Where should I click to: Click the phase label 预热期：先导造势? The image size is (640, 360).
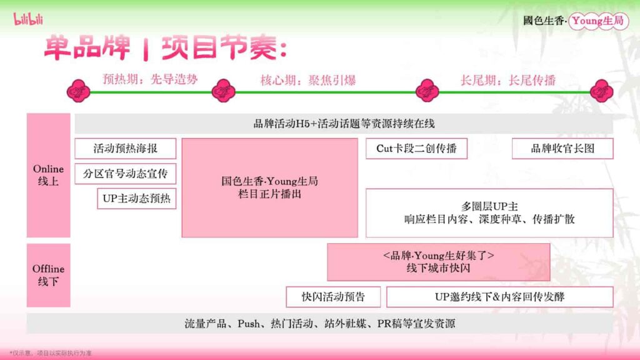point(150,79)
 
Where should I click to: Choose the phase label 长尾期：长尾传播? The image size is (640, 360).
point(508,80)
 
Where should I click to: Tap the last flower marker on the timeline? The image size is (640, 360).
point(601,91)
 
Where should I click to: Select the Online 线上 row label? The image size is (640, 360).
point(48,176)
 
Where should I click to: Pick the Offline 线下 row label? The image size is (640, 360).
point(48,275)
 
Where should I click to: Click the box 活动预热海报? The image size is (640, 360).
point(125,149)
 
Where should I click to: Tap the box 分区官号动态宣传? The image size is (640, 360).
point(125,174)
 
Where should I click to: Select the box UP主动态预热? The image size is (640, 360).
point(136,199)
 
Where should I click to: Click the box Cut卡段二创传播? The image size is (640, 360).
point(416,149)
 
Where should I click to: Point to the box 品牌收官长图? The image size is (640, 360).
point(562,149)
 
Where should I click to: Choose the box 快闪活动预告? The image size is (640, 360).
point(333,297)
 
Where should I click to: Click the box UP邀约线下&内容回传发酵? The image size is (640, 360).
point(499,297)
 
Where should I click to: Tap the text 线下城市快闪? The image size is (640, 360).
point(438,269)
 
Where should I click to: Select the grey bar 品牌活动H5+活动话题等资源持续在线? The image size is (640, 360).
point(344,124)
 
